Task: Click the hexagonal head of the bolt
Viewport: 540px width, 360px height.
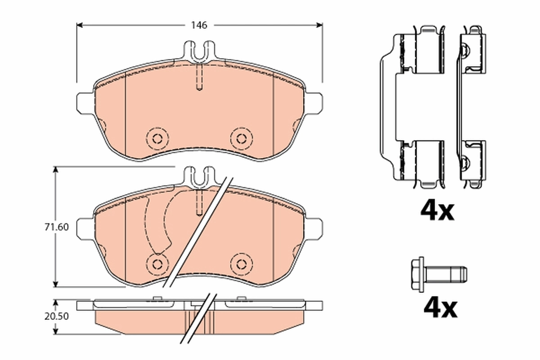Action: pyautogui.click(x=418, y=273)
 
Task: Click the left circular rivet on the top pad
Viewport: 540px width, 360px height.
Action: pyautogui.click(x=157, y=138)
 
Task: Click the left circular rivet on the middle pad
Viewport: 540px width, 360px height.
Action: pyautogui.click(x=157, y=263)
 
